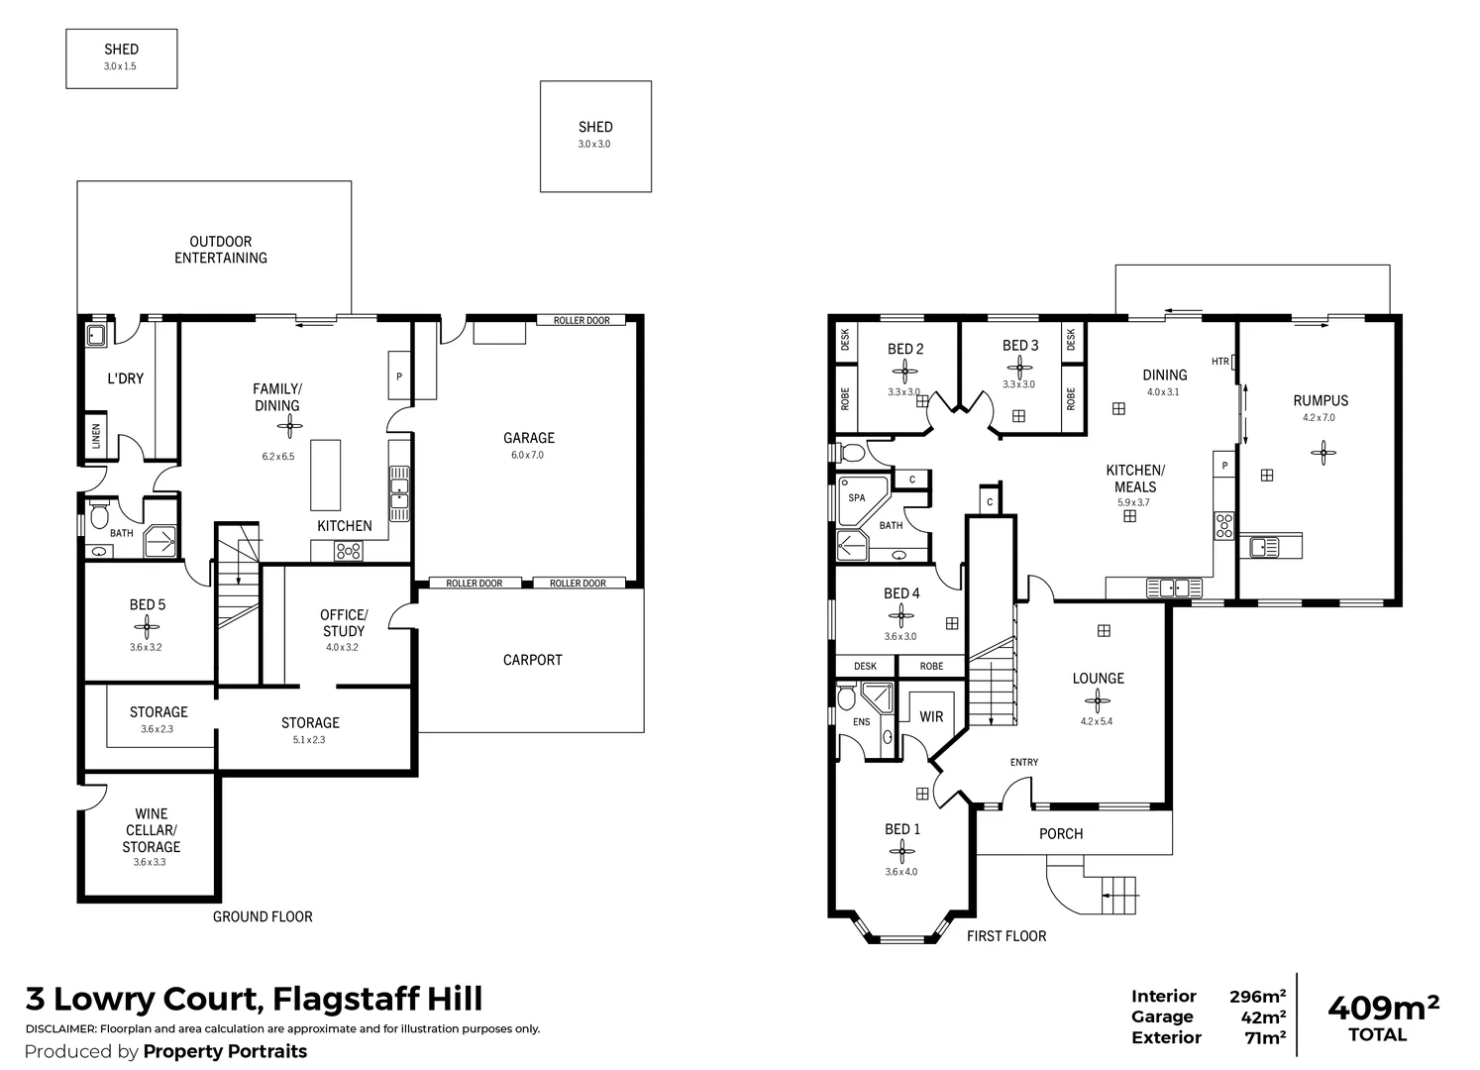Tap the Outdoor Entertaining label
[x=221, y=250]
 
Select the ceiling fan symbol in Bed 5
[x=146, y=626]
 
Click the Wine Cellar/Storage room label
[x=152, y=830]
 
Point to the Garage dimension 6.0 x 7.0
[x=528, y=456]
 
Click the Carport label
[x=532, y=660]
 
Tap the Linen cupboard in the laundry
[x=96, y=436]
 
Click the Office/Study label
[x=344, y=622]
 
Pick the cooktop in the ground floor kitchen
[x=349, y=552]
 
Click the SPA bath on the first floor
[x=857, y=498]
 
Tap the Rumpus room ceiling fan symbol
[x=1322, y=453]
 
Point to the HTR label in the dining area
[x=1219, y=362]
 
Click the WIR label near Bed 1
[x=931, y=716]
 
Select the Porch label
[x=1061, y=834]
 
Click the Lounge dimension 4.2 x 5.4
[x=1098, y=721]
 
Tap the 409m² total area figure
[x=1382, y=1009]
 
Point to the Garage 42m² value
[x=1264, y=1017]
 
